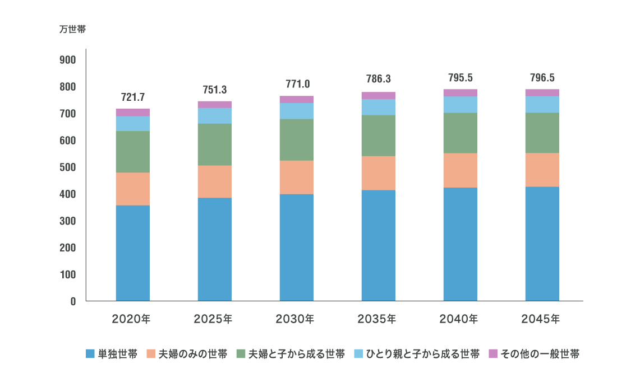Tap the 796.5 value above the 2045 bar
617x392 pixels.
click(x=542, y=78)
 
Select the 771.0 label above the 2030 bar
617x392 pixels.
click(x=297, y=85)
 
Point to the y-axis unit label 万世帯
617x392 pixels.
click(x=72, y=30)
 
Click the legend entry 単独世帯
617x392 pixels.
click(x=117, y=354)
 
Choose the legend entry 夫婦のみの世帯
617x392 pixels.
click(x=192, y=354)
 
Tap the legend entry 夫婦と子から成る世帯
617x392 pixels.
click(x=297, y=354)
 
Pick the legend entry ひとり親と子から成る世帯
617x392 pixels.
click(x=422, y=354)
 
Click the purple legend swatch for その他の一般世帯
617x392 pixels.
click(x=494, y=354)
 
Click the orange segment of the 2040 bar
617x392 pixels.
click(x=461, y=170)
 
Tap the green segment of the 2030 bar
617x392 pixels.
click(x=297, y=140)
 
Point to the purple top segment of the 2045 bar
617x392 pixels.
click(x=542, y=92)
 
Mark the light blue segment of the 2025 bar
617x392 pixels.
click(x=215, y=116)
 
